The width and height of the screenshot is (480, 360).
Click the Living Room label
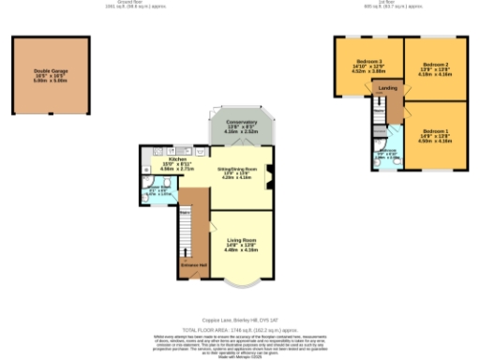coord(242,246)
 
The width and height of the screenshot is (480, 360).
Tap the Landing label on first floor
coord(386,88)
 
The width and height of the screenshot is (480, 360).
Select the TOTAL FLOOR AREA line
coord(240,329)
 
